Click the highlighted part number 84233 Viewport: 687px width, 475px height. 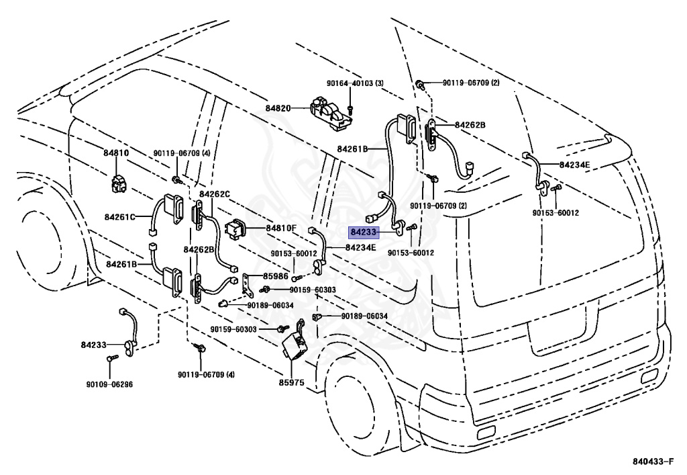click(364, 232)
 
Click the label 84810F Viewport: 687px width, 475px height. click(280, 228)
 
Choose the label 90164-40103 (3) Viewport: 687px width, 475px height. click(355, 83)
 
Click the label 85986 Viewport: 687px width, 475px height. click(275, 275)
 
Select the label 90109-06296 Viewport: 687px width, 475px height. click(109, 385)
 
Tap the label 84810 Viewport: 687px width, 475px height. click(115, 153)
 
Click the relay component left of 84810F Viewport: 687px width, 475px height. click(239, 228)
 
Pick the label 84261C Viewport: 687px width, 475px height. click(120, 217)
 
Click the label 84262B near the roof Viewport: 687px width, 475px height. click(470, 125)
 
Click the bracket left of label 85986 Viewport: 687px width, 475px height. click(248, 284)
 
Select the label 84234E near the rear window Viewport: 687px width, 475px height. click(575, 164)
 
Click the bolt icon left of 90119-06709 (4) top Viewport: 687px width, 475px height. click(174, 179)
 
